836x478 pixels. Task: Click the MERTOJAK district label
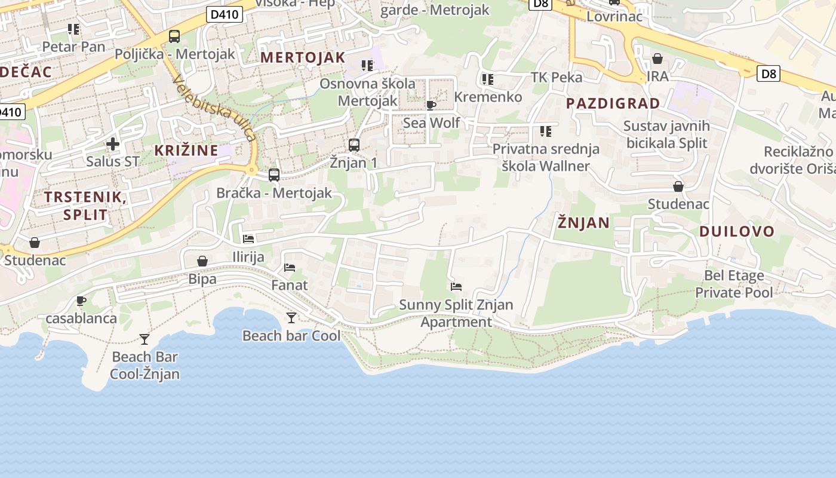303,57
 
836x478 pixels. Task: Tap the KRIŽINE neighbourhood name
186,150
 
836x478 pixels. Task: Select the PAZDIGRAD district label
613,103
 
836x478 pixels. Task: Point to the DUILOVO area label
736,231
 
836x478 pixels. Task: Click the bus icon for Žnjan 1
354,145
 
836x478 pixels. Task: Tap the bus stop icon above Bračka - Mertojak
274,175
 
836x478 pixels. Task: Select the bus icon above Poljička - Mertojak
174,36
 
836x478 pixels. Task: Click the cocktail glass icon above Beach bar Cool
291,318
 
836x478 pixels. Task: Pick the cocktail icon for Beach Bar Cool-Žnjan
145,339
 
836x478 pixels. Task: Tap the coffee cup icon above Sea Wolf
431,106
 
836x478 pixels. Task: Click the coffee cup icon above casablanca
81,301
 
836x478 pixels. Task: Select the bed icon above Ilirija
248,239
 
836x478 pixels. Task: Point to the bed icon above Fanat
290,268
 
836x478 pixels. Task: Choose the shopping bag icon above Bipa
202,261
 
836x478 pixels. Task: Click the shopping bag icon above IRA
657,59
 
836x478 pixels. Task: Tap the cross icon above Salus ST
113,144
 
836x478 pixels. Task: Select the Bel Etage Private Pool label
733,284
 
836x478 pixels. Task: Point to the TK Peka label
557,77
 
